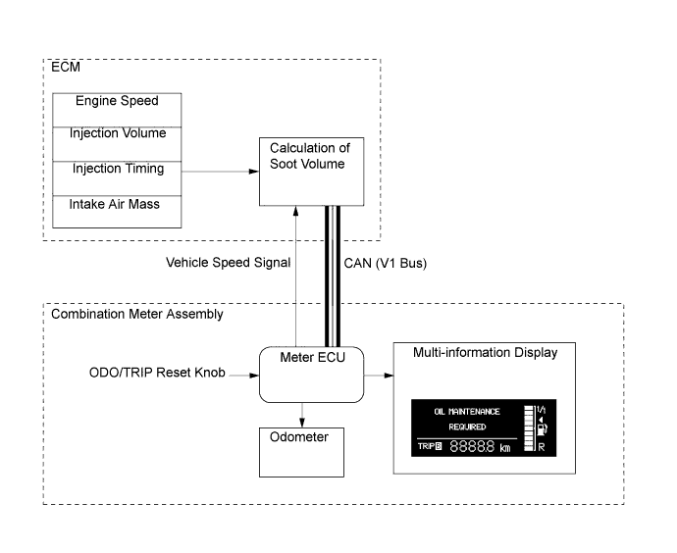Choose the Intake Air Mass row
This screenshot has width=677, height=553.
pos(115,204)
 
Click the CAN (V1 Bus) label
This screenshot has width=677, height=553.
pos(386,263)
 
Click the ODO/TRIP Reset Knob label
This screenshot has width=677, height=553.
pos(141,374)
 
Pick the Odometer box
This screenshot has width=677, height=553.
pos(301,451)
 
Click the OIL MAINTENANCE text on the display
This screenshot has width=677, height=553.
pos(467,412)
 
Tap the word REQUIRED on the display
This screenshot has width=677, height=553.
pos(467,427)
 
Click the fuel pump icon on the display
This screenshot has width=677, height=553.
pos(542,427)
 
